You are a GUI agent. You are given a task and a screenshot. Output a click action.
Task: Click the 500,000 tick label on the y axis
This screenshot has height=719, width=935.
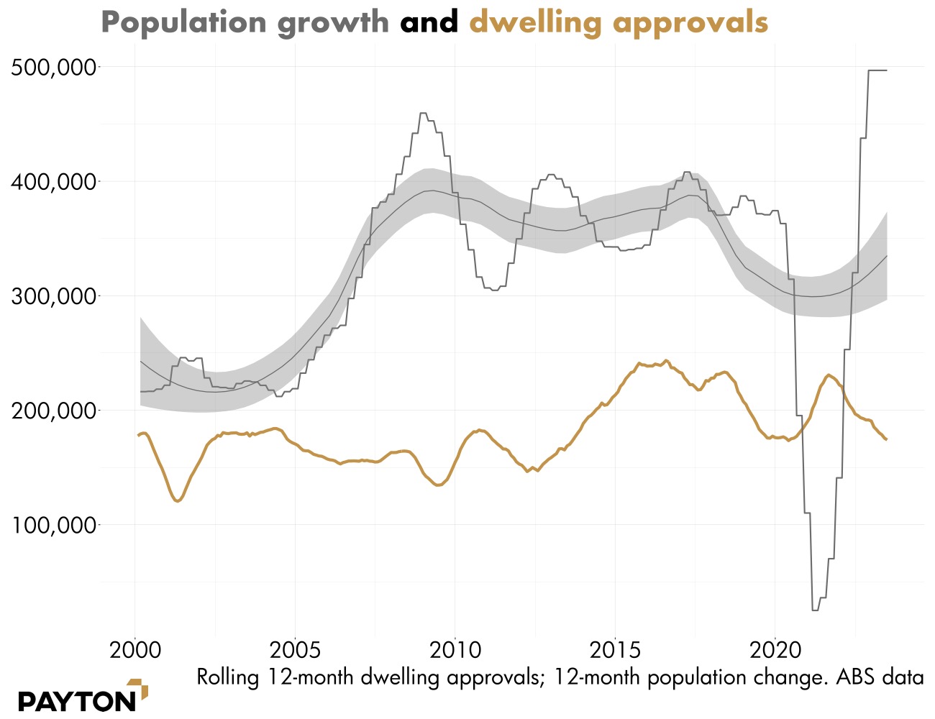(x=54, y=68)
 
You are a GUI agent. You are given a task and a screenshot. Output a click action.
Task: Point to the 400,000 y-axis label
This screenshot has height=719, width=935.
(x=54, y=182)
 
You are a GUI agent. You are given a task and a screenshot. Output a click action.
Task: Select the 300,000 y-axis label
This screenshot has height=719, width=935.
(x=54, y=296)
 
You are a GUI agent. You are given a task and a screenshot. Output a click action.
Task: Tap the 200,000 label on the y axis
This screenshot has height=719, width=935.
(x=54, y=411)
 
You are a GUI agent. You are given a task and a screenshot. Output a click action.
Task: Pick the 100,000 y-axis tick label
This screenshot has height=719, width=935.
(x=54, y=525)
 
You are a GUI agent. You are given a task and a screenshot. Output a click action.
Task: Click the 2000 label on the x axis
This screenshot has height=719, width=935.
(x=134, y=651)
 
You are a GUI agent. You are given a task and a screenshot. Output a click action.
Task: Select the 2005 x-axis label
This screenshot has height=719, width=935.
(x=295, y=651)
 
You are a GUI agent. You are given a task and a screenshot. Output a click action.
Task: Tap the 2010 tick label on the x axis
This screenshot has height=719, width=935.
(x=455, y=651)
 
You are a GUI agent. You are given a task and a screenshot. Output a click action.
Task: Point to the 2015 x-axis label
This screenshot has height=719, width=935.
(x=615, y=651)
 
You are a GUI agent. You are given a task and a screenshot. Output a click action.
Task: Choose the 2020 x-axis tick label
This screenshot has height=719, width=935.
(x=775, y=651)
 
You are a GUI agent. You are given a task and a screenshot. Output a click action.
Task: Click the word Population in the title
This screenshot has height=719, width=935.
(x=184, y=22)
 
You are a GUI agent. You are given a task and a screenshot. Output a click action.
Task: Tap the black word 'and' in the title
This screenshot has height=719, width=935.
(x=429, y=22)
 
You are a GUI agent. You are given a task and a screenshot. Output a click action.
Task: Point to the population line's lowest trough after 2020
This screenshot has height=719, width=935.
(x=815, y=610)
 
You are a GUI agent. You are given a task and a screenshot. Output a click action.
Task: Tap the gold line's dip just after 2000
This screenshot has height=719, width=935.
(x=177, y=500)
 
